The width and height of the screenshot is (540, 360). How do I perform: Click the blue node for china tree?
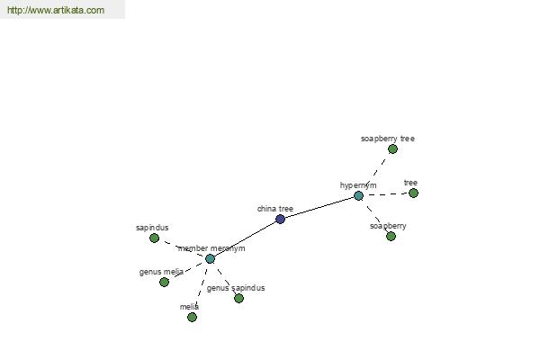(x=280, y=219)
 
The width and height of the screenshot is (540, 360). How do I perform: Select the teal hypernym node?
(x=358, y=196)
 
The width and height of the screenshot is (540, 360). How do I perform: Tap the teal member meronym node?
(x=210, y=258)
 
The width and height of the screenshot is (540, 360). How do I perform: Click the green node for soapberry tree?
(x=392, y=149)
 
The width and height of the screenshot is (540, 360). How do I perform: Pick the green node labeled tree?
(x=413, y=193)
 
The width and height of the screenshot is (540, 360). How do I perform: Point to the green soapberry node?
(x=391, y=237)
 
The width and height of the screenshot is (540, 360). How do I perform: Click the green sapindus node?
(x=154, y=238)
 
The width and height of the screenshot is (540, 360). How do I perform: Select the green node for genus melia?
(x=165, y=282)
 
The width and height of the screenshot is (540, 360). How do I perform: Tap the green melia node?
(x=193, y=318)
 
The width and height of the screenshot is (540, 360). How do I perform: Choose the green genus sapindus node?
(x=238, y=298)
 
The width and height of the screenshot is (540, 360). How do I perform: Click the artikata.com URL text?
(x=56, y=10)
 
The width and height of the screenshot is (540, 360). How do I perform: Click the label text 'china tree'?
(x=275, y=209)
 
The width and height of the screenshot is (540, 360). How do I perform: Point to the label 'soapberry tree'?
(x=388, y=139)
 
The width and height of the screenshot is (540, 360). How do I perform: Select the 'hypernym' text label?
(x=358, y=185)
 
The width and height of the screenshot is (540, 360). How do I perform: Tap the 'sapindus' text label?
(x=152, y=228)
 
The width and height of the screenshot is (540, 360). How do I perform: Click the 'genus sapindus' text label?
(x=236, y=288)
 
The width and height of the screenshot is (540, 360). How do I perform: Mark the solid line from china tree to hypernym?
(x=319, y=208)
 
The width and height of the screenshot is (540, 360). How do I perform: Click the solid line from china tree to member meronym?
(x=245, y=239)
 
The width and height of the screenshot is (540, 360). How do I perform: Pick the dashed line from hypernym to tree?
(x=386, y=194)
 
